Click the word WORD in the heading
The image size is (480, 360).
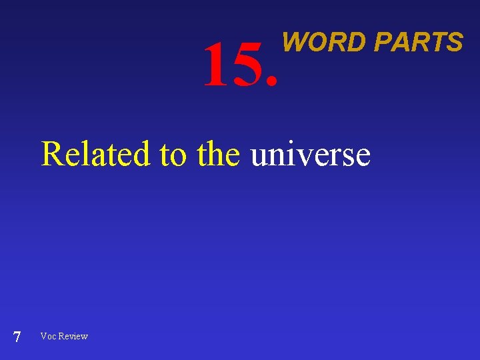[324, 42]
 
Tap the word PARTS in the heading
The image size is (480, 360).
[418, 42]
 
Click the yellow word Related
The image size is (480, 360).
[96, 154]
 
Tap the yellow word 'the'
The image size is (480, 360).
[219, 154]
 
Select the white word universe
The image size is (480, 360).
[310, 155]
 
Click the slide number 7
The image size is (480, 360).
[17, 337]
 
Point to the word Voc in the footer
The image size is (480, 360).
[48, 336]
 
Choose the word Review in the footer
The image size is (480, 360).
[73, 336]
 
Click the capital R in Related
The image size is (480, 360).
[51, 154]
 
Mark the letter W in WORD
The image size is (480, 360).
[294, 42]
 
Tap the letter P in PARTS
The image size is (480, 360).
[382, 42]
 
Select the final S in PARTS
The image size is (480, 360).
[455, 42]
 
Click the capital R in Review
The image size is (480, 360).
[62, 336]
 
